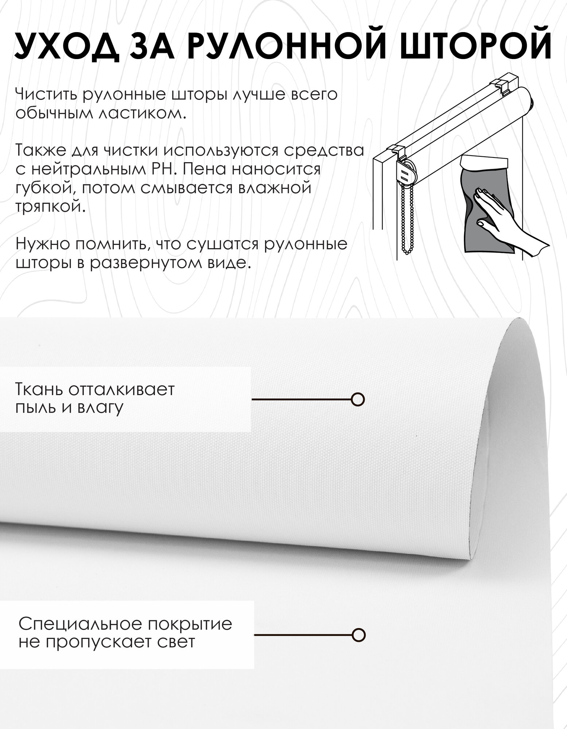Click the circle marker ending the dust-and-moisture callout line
click(358, 399)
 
